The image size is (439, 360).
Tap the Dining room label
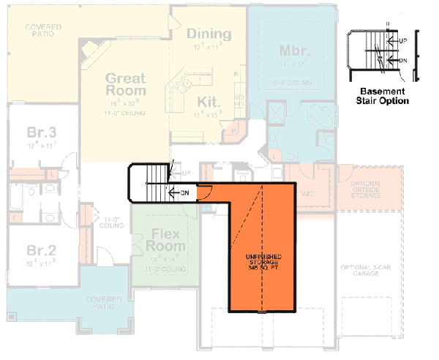click(x=209, y=34)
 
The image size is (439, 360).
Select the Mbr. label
click(x=296, y=51)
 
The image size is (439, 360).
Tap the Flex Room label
click(x=168, y=241)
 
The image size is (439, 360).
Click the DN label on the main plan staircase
click(x=185, y=192)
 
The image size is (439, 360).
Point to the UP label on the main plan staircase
click(x=185, y=173)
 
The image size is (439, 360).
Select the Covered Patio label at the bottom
click(x=103, y=302)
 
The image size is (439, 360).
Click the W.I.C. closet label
click(x=308, y=193)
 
